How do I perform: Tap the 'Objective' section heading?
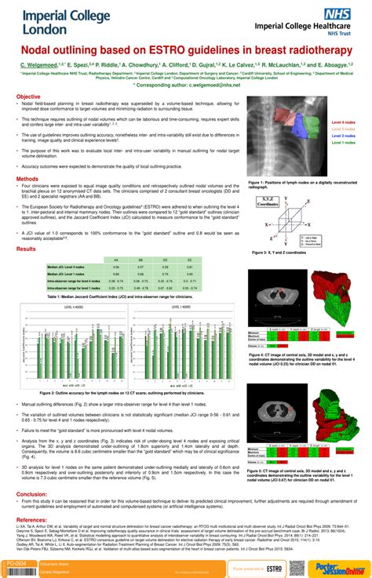point(29,96)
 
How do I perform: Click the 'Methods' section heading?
point(27,179)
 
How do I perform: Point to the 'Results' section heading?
point(27,249)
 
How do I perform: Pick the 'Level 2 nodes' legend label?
point(343,136)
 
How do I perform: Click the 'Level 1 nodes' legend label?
point(343,143)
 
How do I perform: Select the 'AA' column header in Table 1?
point(116,260)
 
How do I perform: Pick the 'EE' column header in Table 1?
point(189,260)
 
